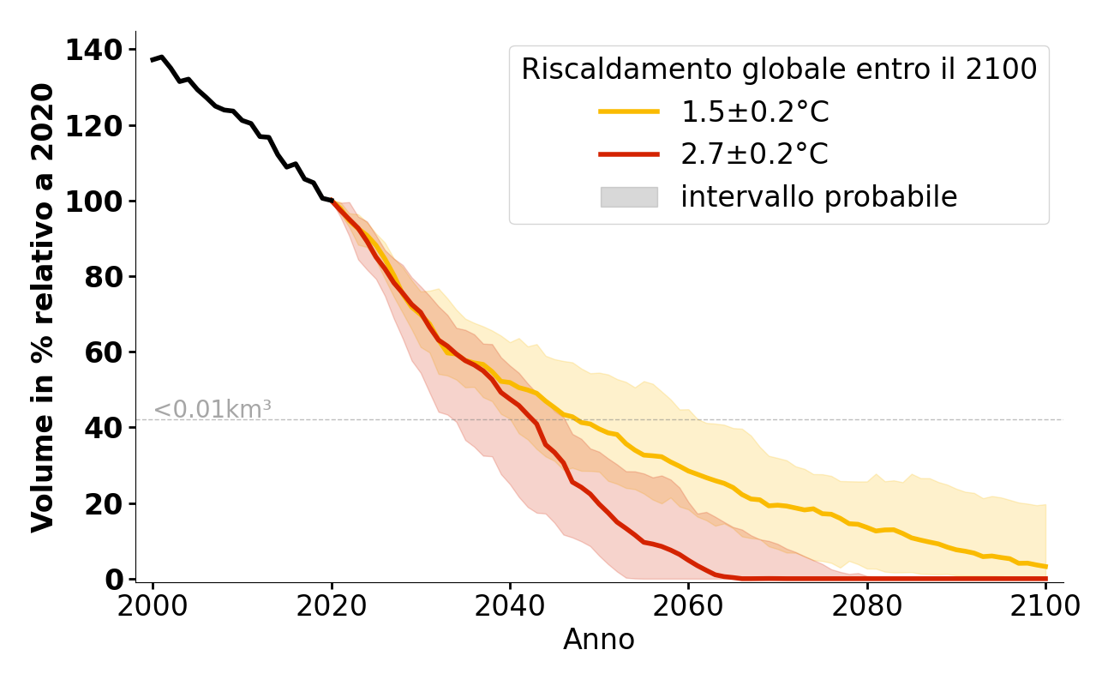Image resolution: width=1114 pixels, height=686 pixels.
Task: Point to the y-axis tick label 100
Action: (x=93, y=202)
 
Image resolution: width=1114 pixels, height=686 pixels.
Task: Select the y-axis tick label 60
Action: (x=103, y=352)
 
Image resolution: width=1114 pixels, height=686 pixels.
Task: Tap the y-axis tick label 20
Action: (x=103, y=503)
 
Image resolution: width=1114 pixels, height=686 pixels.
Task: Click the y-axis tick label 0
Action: (x=113, y=579)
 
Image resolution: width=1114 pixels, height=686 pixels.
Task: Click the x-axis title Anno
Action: (x=599, y=640)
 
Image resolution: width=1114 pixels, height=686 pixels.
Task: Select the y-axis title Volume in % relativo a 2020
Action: (x=43, y=307)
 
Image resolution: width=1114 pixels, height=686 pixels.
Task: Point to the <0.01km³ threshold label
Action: (x=213, y=410)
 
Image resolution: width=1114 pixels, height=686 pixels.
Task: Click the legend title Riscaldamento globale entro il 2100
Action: (x=779, y=69)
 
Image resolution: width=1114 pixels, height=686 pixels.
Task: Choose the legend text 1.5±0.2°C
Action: (x=755, y=111)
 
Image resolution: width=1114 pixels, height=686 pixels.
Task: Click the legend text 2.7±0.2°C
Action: (x=755, y=154)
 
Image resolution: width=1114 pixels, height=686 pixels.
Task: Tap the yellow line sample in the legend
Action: (x=629, y=111)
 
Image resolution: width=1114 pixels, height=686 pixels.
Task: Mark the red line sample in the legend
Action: (x=629, y=154)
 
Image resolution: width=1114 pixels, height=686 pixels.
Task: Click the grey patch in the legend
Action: (x=629, y=197)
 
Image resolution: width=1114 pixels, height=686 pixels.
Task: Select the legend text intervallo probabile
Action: (x=818, y=197)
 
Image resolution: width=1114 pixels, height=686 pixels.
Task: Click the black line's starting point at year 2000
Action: (x=153, y=60)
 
